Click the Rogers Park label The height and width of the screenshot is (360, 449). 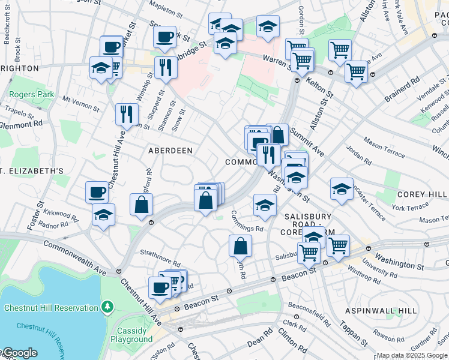[31, 94]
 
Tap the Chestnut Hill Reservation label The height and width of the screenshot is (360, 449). [50, 308]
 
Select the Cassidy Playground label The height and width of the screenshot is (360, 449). [132, 335]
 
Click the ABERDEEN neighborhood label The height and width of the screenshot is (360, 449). [170, 151]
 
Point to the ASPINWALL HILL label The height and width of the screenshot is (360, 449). [381, 311]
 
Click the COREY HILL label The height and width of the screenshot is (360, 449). [422, 195]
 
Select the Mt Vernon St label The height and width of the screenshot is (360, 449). [80, 103]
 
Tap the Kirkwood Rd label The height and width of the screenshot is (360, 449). [61, 215]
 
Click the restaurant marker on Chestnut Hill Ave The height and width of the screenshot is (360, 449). [127, 113]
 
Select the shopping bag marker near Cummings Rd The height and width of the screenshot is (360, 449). [240, 245]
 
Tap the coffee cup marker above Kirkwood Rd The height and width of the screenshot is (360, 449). [97, 192]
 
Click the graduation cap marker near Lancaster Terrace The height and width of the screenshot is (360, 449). [342, 188]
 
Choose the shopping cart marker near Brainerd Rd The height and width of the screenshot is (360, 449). [356, 71]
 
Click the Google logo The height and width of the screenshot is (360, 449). [19, 353]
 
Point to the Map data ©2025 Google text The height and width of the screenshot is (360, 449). [412, 355]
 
